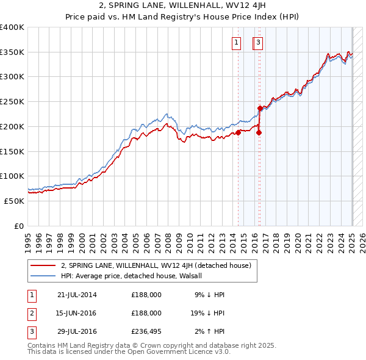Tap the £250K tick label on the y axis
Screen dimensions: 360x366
pos(12,101)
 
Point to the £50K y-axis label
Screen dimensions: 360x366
pos(14,201)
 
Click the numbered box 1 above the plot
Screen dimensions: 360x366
pos(236,43)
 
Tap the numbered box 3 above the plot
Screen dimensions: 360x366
pos(259,43)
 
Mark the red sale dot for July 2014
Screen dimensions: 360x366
pos(239,132)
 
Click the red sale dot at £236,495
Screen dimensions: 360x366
pos(260,109)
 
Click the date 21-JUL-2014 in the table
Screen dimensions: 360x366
pos(77,295)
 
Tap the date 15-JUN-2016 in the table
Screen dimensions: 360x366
pos(77,313)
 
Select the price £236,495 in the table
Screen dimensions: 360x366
pos(146,332)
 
